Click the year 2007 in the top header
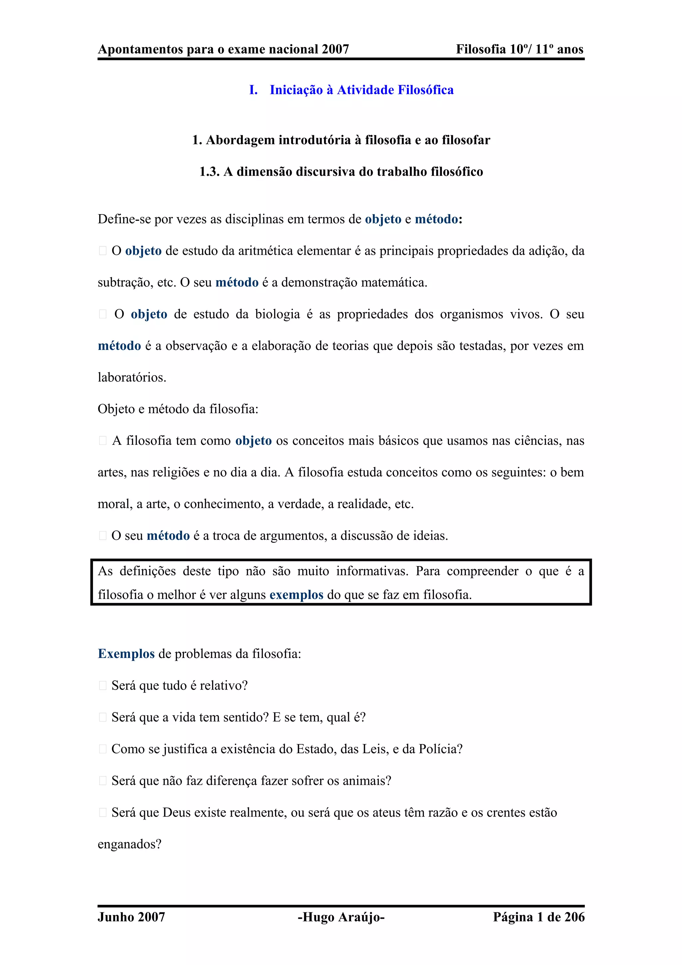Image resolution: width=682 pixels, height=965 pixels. tap(335, 49)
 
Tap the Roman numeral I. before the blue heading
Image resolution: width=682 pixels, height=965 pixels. tap(253, 90)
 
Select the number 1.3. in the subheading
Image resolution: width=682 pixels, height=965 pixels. tap(209, 171)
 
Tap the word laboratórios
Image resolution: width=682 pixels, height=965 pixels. tap(132, 377)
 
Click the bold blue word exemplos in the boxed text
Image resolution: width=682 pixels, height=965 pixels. tap(296, 595)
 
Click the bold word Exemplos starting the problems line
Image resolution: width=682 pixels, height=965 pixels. tap(126, 654)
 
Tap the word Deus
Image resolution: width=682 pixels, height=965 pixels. tap(176, 812)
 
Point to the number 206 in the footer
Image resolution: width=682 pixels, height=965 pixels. tap(573, 917)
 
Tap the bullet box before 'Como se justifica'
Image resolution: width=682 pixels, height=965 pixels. tap(103, 749)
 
